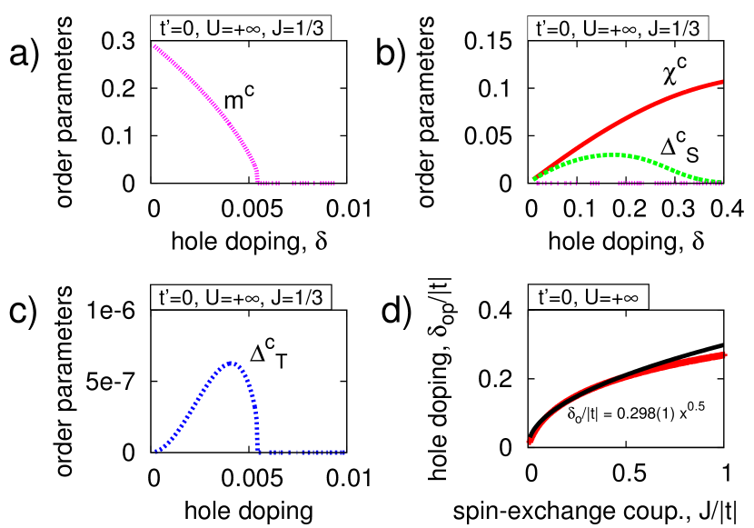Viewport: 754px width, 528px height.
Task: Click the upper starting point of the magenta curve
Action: coord(155,46)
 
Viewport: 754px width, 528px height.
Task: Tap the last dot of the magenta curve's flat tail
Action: coord(333,183)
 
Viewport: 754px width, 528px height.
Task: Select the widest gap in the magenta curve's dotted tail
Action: coord(286,183)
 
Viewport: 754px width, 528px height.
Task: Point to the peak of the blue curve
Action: coord(231,363)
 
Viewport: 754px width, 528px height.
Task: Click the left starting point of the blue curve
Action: coord(156,451)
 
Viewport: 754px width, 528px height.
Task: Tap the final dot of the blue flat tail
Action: coord(342,453)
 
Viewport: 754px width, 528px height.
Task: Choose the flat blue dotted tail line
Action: coord(304,453)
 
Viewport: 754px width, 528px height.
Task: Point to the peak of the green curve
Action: coord(615,154)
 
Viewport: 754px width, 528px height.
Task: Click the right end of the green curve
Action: coord(721,182)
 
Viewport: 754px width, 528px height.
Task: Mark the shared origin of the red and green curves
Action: coord(534,179)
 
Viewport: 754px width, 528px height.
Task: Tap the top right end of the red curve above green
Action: coord(721,82)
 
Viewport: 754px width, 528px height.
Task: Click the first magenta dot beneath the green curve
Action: coord(538,183)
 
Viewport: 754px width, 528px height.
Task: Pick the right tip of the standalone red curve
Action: coord(725,354)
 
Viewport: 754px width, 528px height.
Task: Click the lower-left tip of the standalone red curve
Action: coord(529,442)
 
